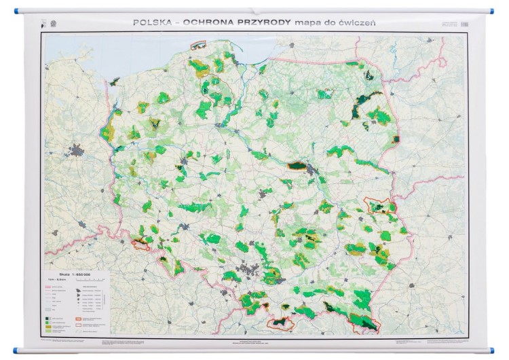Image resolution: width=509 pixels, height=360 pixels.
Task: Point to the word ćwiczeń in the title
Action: (x=356, y=22)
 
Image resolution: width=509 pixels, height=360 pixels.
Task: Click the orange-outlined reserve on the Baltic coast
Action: (x=197, y=46)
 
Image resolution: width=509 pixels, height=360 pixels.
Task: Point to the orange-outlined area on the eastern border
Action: (x=379, y=204)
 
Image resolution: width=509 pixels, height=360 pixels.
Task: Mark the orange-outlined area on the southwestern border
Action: (x=140, y=241)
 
